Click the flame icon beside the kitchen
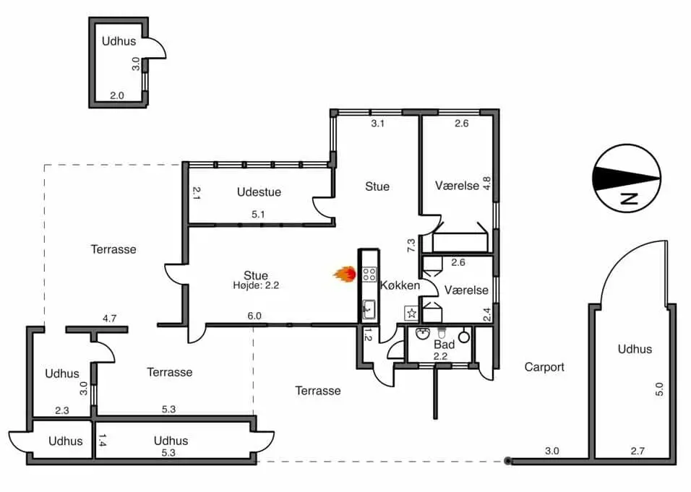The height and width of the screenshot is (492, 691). (x=345, y=275)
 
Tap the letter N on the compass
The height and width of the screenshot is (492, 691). (x=629, y=199)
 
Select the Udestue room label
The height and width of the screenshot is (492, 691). (x=259, y=192)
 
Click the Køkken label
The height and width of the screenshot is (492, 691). (x=400, y=285)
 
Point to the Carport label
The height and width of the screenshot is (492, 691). (x=544, y=367)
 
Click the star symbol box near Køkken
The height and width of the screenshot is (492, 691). (x=411, y=313)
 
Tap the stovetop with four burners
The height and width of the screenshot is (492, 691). (x=369, y=275)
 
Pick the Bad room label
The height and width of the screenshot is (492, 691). (x=445, y=345)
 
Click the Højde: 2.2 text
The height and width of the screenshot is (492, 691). (x=256, y=285)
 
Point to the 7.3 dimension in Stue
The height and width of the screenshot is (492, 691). (x=411, y=246)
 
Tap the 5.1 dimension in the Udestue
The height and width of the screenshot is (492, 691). (x=258, y=215)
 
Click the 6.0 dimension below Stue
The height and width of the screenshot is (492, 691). (x=254, y=316)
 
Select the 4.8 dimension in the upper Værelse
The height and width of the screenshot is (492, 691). (x=486, y=184)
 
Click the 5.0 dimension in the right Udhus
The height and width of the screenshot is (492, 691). (x=658, y=389)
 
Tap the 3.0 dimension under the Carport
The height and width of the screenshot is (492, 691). (x=551, y=451)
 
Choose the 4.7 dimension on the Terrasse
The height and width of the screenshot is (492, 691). (x=109, y=318)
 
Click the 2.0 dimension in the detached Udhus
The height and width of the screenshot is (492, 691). (x=117, y=95)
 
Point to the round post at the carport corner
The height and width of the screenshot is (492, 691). (x=507, y=461)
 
